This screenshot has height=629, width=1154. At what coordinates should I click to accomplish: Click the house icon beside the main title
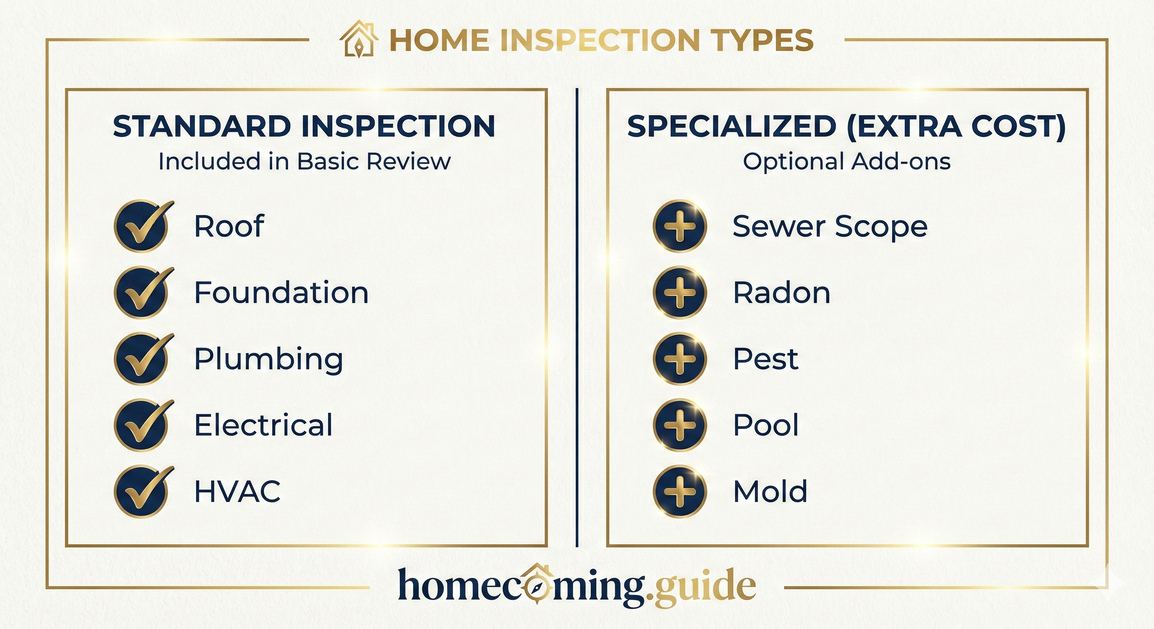(x=359, y=39)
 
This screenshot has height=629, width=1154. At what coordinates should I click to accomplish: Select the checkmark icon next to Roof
(x=143, y=226)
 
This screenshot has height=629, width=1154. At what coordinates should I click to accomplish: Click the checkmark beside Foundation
(x=143, y=292)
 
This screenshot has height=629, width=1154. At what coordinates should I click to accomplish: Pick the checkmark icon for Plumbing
(x=143, y=359)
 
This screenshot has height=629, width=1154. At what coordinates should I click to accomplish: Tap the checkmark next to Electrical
(x=143, y=425)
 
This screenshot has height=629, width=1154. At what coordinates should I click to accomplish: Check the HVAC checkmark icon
(x=143, y=491)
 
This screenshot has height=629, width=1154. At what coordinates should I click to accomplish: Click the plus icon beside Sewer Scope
(x=679, y=226)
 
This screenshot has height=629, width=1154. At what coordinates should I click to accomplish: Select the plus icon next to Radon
(x=679, y=292)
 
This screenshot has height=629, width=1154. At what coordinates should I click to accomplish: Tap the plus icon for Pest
(x=679, y=359)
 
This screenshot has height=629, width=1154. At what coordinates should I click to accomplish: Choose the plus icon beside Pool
(x=679, y=425)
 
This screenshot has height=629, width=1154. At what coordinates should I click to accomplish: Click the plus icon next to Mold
(x=679, y=491)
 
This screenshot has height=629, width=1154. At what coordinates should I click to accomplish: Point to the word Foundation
(x=282, y=292)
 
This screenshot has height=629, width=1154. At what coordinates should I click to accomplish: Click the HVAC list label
(x=237, y=491)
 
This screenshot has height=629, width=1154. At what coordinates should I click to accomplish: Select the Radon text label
(x=781, y=292)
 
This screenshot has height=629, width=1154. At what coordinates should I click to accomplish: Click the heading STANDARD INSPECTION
(x=304, y=126)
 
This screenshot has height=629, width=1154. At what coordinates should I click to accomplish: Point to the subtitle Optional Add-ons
(x=847, y=161)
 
